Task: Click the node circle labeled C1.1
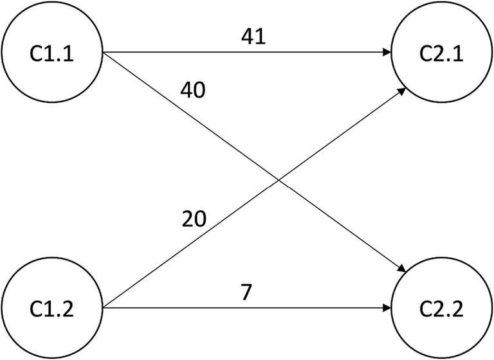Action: tap(53, 52)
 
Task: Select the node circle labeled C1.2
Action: tap(53, 308)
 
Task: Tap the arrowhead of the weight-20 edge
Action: tap(400, 90)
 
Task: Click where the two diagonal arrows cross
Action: tap(277, 179)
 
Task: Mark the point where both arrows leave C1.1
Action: tap(104, 53)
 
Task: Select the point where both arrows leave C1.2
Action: tap(104, 308)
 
